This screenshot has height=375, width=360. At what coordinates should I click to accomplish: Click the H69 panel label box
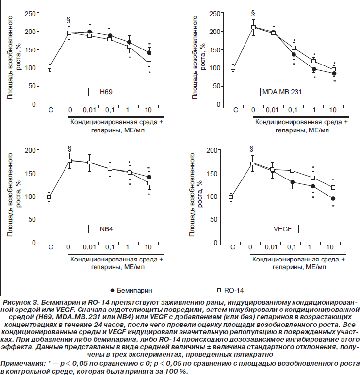105,92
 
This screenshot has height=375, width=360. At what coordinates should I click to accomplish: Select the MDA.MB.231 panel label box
281,92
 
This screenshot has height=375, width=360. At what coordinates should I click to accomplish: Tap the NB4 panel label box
105,229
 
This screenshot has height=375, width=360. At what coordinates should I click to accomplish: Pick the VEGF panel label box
282,229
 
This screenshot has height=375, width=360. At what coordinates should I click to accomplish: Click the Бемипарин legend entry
131,290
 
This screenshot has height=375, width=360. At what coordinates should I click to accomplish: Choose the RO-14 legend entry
230,290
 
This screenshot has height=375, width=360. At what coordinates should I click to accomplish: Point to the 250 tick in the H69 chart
30,14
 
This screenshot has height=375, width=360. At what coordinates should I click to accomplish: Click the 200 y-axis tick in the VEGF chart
212,150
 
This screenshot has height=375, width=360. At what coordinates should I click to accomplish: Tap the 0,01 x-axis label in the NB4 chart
89,247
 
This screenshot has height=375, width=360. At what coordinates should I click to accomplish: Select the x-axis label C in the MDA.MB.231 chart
236,110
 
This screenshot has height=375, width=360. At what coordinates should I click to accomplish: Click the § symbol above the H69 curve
69,20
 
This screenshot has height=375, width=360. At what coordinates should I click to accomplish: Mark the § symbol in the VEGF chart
251,149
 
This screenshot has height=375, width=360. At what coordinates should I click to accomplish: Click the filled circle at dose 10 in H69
149,53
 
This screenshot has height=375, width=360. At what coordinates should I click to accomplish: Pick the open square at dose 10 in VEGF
333,187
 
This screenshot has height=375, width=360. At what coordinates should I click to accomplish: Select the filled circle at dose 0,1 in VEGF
292,182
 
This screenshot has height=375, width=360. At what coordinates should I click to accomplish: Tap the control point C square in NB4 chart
49,197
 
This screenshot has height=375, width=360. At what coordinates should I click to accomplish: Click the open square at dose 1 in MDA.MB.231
314,61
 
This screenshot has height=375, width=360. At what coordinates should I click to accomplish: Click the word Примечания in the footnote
23,364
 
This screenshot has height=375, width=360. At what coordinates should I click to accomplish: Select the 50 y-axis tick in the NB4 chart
32,219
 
